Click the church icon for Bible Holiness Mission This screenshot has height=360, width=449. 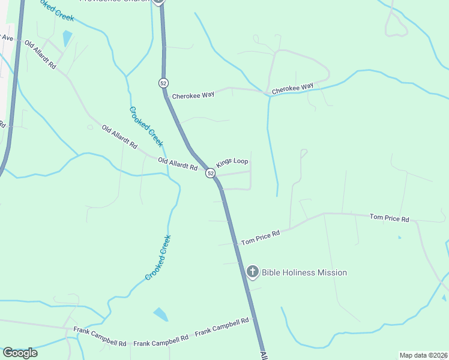tap(253, 272)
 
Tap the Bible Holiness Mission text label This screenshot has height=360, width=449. tap(304, 272)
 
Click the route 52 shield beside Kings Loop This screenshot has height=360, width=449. tap(210, 173)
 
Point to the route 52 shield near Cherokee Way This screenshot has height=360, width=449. tap(163, 82)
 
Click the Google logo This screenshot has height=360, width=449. tap(19, 352)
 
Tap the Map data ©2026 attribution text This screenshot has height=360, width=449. tap(423, 355)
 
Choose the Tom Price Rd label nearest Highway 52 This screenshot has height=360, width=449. tap(261, 238)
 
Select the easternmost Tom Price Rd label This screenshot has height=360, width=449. tap(389, 218)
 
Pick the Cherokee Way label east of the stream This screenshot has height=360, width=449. tap(292, 88)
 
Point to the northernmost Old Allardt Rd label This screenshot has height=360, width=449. tap(40, 55)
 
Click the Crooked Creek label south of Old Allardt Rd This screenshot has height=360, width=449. tap(158, 257)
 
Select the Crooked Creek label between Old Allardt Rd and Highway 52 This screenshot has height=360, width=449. tap(146, 126)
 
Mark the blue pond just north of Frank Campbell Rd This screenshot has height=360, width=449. tap(160, 314)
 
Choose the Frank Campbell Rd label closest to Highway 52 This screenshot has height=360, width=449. tap(221, 326)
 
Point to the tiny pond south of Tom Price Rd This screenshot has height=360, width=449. tap(399, 238)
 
